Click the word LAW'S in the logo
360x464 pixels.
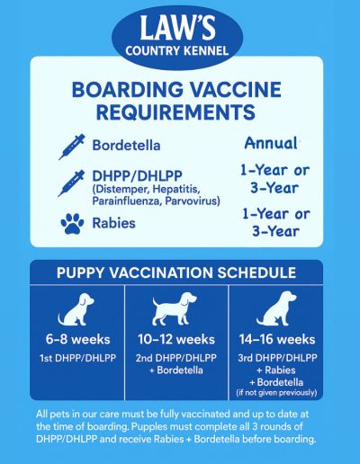[177, 28]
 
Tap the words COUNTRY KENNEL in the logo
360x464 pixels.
[177, 50]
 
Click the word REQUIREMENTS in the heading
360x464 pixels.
[175, 112]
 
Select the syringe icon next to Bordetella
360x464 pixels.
[72, 147]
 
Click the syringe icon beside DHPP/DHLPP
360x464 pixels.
[71, 183]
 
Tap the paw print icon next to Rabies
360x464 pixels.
[73, 223]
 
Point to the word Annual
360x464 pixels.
[271, 143]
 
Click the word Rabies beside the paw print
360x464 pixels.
[113, 223]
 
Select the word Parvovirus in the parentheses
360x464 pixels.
[193, 201]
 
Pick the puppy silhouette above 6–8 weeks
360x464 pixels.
[76, 309]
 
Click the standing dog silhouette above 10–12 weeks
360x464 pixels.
[175, 309]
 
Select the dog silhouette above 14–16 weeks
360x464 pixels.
[276, 308]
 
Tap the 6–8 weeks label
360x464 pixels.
[78, 340]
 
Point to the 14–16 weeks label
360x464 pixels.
[277, 340]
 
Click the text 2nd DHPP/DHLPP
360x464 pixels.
[176, 358]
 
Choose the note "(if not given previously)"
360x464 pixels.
[276, 393]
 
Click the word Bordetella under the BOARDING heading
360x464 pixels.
[126, 146]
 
